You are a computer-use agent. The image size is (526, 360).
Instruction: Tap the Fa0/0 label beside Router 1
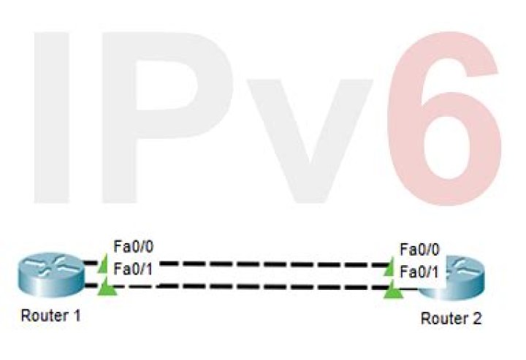click(x=134, y=247)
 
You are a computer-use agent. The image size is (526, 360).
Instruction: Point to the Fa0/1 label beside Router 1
click(x=134, y=269)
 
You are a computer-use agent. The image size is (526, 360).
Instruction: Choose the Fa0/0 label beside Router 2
click(x=419, y=250)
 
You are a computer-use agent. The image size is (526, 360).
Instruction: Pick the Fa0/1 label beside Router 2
click(x=419, y=272)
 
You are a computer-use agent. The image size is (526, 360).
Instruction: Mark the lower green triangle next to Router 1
click(x=107, y=288)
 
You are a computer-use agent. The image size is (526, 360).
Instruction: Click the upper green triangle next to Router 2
click(x=390, y=267)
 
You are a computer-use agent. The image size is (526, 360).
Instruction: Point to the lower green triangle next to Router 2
click(x=394, y=291)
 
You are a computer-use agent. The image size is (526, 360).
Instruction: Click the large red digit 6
click(x=444, y=118)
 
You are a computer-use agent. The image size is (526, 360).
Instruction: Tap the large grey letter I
click(x=51, y=118)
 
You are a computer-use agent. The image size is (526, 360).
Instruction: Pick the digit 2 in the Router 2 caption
click(x=476, y=318)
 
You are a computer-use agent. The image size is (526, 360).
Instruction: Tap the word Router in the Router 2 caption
click(x=443, y=318)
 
